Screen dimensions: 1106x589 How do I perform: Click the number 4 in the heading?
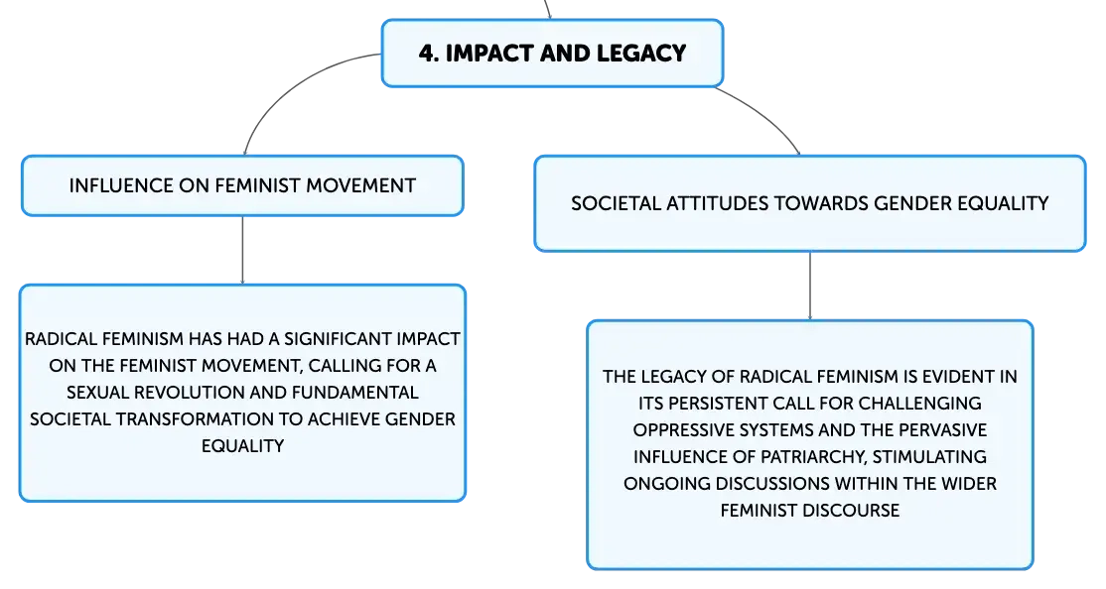click(x=426, y=54)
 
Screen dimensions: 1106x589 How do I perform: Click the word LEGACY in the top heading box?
click(x=641, y=54)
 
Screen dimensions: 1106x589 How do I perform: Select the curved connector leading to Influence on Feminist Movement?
click(x=296, y=84)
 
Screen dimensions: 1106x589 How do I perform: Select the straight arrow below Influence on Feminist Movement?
click(x=242, y=250)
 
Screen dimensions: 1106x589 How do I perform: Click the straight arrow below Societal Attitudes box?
click(x=810, y=286)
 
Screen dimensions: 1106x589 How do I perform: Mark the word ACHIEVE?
click(x=344, y=419)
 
